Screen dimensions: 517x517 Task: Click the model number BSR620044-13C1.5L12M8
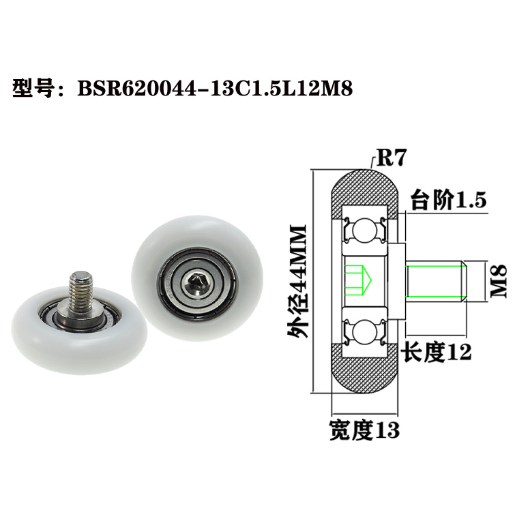pos(215,89)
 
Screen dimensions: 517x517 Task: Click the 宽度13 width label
pos(364,430)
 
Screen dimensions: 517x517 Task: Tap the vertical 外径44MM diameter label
pos(299,280)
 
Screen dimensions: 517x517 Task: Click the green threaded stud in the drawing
pos(435,280)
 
